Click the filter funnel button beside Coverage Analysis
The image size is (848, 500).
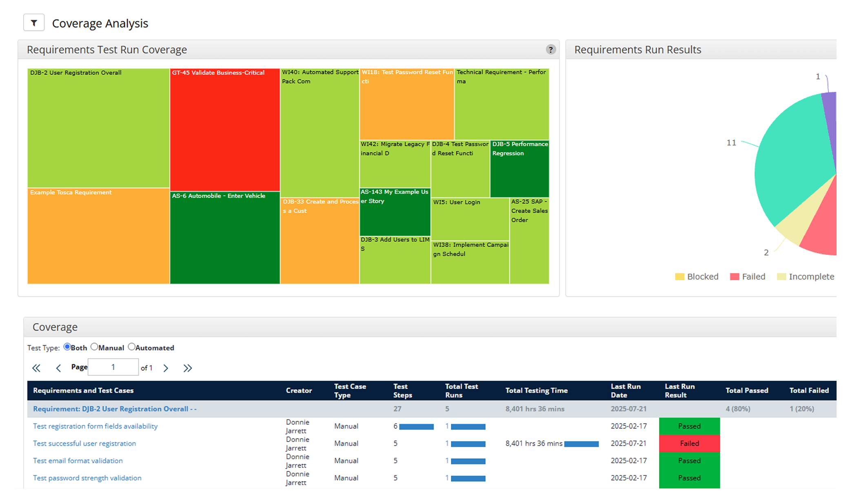click(x=34, y=23)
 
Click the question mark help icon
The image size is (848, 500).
click(x=551, y=49)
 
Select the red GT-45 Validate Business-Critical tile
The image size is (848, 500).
click(x=225, y=129)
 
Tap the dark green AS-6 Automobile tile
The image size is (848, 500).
click(x=225, y=238)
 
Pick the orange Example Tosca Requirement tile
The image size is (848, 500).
click(x=98, y=236)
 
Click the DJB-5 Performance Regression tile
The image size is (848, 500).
click(x=519, y=169)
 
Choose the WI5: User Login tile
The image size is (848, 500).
click(x=470, y=219)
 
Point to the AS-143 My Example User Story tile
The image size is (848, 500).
click(x=395, y=212)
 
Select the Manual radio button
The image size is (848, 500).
click(x=94, y=347)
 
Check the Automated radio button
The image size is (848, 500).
click(x=131, y=347)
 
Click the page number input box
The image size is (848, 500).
click(x=113, y=367)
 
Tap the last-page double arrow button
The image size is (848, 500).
click(x=187, y=368)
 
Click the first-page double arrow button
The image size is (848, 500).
click(x=36, y=368)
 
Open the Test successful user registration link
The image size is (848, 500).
click(x=84, y=443)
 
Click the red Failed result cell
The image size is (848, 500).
click(x=689, y=443)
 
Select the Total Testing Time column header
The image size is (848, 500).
click(x=536, y=391)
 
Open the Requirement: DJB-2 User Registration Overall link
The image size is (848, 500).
click(x=115, y=409)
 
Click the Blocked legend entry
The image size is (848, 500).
click(x=697, y=277)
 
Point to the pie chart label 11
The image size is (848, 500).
click(x=731, y=143)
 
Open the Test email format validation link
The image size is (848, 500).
click(x=78, y=460)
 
